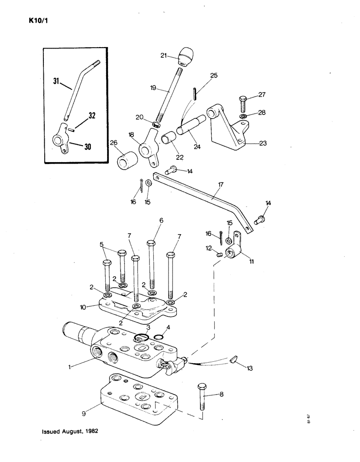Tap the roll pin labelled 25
[x=196, y=93]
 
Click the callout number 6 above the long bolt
[x=161, y=221]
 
